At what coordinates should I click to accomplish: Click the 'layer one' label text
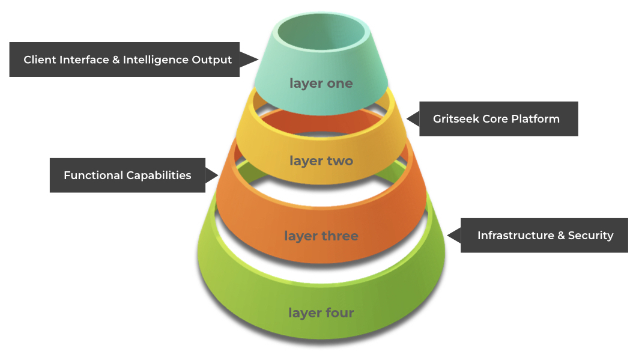coord(321,84)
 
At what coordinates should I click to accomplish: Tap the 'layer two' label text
coord(321,161)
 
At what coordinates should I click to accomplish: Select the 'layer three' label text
coord(321,236)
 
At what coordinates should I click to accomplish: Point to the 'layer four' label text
coord(321,313)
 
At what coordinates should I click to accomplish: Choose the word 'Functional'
coord(92,175)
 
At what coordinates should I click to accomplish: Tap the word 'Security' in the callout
coord(590,236)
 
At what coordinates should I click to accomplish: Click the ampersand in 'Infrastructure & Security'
coord(561,236)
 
